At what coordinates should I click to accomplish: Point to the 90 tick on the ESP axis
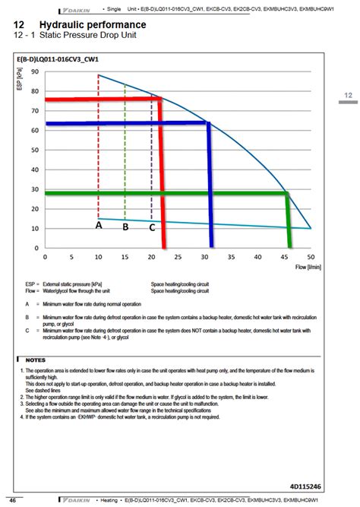pyautogui.click(x=35, y=72)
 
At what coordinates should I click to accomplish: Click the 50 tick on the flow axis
pyautogui.click(x=310, y=257)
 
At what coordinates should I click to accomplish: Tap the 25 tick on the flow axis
pyautogui.click(x=178, y=257)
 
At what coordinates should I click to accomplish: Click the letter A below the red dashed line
pyautogui.click(x=99, y=225)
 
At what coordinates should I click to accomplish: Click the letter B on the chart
pyautogui.click(x=125, y=227)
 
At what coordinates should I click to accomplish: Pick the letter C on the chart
pyautogui.click(x=152, y=227)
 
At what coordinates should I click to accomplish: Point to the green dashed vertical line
pyautogui.click(x=125, y=152)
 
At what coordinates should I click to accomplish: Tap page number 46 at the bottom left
pyautogui.click(x=13, y=499)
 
